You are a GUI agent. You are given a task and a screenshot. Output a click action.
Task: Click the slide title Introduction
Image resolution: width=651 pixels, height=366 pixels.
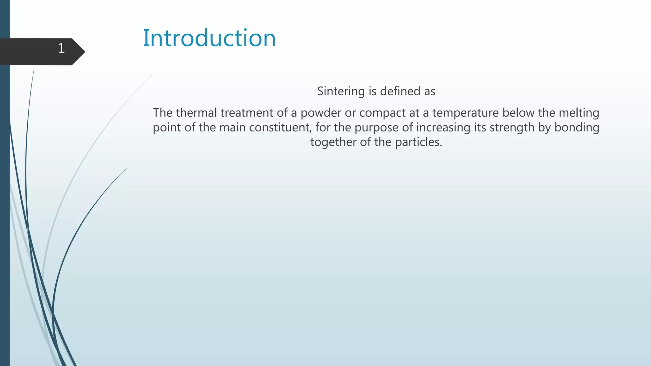(x=209, y=38)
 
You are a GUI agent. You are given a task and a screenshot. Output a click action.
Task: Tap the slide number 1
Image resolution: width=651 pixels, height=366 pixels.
(x=61, y=49)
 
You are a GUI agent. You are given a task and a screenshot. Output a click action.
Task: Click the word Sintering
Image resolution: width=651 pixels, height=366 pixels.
(x=341, y=91)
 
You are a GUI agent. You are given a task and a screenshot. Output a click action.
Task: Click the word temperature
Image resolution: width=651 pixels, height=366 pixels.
(x=466, y=113)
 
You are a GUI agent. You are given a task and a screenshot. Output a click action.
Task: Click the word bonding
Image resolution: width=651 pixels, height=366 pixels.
(x=577, y=127)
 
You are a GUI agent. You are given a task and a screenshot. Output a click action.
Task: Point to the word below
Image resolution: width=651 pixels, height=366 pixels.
(x=518, y=113)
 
